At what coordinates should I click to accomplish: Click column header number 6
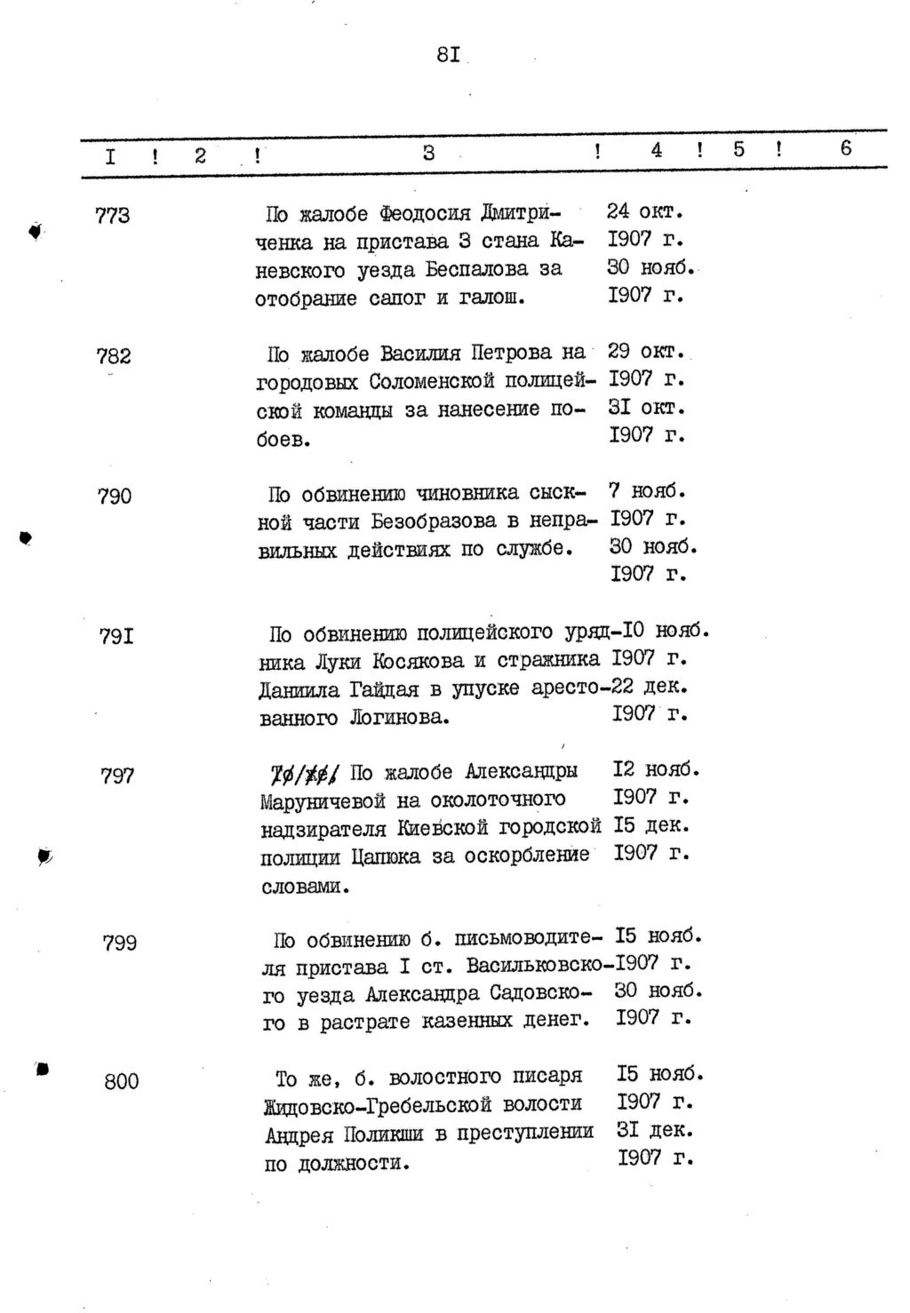pyautogui.click(x=845, y=148)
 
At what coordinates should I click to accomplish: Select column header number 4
pyautogui.click(x=656, y=150)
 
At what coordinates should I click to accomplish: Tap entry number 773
pyautogui.click(x=112, y=215)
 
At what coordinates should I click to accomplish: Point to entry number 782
pyautogui.click(x=114, y=356)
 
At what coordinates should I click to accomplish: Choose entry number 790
pyautogui.click(x=115, y=496)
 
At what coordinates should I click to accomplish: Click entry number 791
pyautogui.click(x=116, y=636)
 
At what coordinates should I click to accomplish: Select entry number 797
pyautogui.click(x=117, y=776)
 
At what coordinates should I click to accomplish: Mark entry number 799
pyautogui.click(x=120, y=943)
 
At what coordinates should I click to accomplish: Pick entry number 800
pyautogui.click(x=122, y=1082)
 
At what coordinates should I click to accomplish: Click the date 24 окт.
pyautogui.click(x=644, y=212)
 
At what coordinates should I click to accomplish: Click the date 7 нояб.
pyautogui.click(x=647, y=490)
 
